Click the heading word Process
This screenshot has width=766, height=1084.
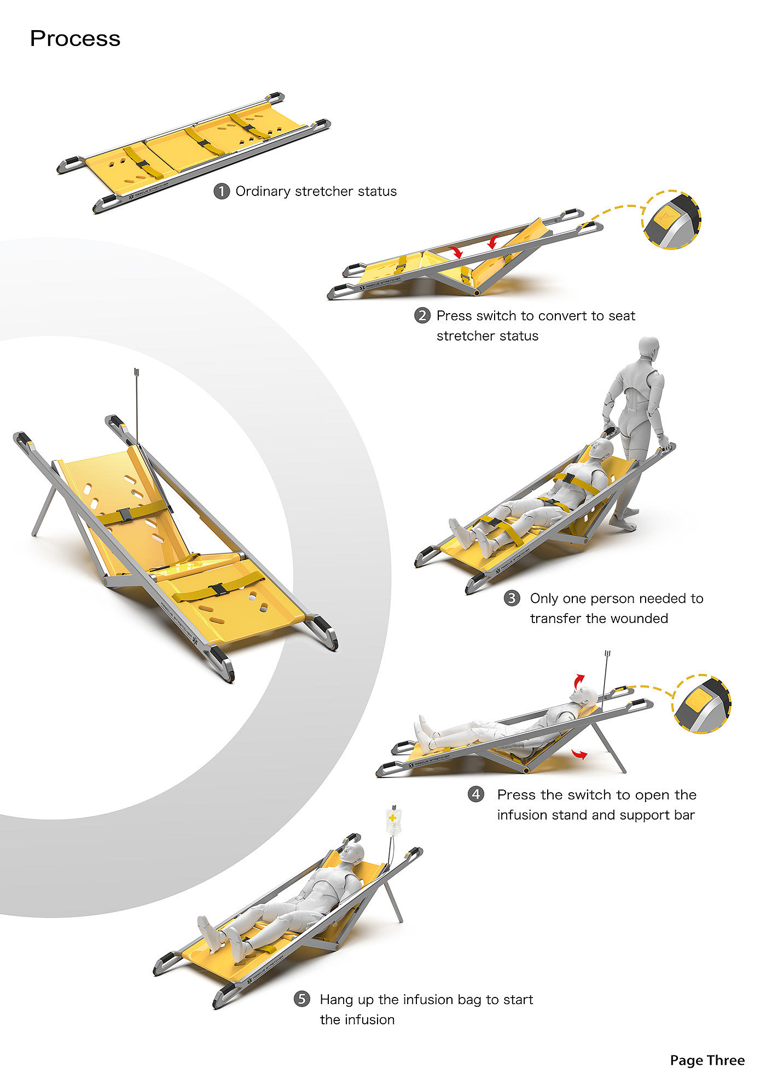(75, 39)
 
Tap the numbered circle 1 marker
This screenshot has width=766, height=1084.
(221, 192)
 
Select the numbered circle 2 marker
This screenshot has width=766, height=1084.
(422, 316)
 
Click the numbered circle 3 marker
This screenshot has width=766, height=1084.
(512, 598)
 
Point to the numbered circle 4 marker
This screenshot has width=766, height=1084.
(476, 794)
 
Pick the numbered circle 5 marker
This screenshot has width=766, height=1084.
(301, 999)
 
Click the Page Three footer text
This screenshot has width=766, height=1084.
(707, 1060)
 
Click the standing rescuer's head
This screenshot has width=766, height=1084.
(649, 348)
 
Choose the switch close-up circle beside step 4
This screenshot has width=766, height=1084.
(703, 704)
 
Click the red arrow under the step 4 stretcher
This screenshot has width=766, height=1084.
(579, 754)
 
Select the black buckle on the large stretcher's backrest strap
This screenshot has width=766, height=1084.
(124, 515)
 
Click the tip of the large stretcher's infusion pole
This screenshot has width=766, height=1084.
(137, 372)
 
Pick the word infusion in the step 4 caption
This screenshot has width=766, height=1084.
(519, 815)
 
